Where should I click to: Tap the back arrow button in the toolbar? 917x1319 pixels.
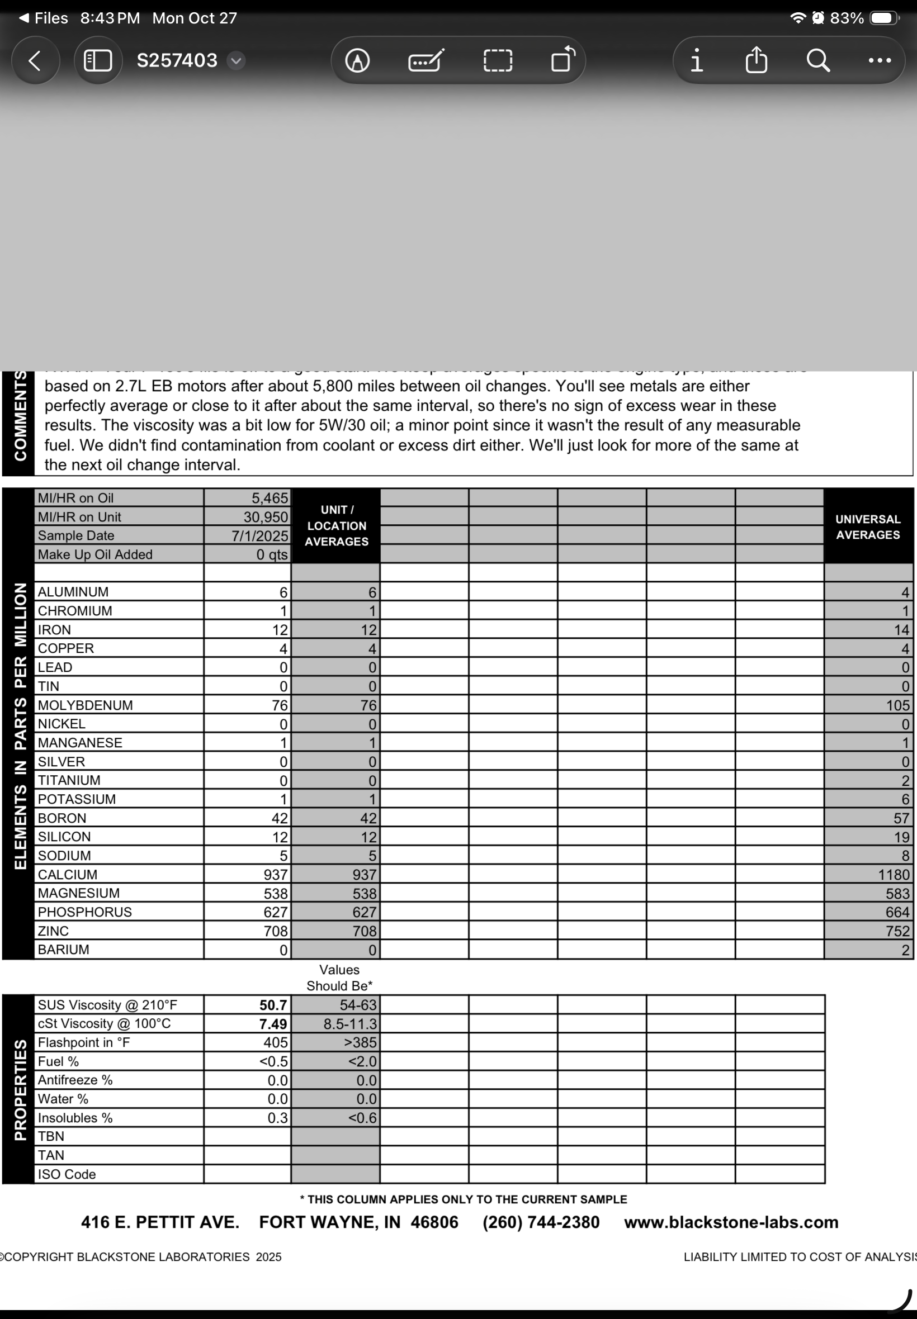35,60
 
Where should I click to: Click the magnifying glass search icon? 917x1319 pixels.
817,60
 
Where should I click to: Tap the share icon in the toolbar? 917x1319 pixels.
756,60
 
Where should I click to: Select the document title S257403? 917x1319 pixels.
177,60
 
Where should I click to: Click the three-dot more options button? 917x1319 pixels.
880,60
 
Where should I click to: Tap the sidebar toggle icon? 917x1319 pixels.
98,60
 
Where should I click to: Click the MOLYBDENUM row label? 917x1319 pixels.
85,705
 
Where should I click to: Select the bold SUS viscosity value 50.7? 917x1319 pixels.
273,1005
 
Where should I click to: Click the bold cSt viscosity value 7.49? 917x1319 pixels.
273,1024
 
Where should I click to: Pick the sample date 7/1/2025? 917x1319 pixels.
259,536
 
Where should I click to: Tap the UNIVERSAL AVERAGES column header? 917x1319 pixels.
868,526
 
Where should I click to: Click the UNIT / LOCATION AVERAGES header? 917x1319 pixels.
336,525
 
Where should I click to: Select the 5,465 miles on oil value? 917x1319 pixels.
270,498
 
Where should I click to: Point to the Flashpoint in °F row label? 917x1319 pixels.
84,1042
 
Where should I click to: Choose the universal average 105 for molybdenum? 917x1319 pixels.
897,705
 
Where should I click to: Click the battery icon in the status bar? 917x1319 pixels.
884,18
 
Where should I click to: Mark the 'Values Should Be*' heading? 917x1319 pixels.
339,978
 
